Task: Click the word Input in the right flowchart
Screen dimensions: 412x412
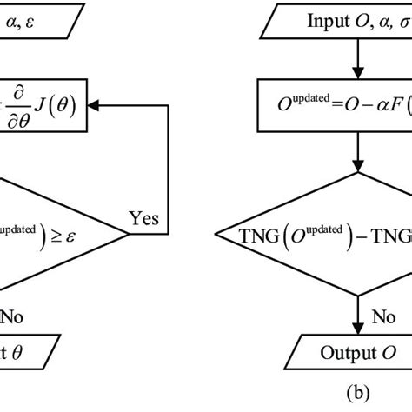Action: pyautogui.click(x=303, y=21)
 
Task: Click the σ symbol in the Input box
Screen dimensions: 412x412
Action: pyautogui.click(x=401, y=21)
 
